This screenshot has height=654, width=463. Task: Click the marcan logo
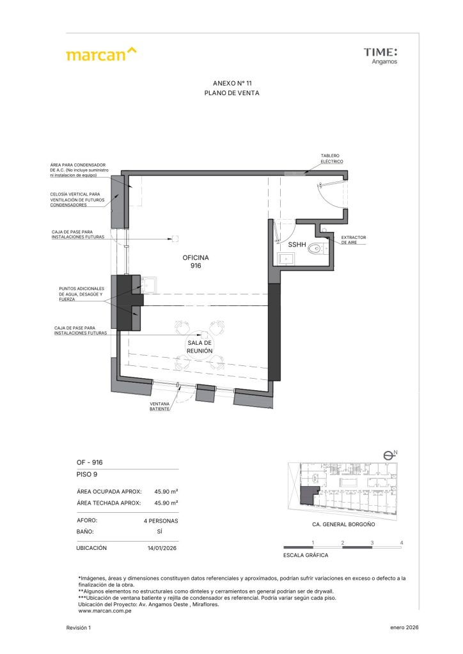pyautogui.click(x=101, y=54)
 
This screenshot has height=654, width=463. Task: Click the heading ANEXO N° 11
pyautogui.click(x=232, y=84)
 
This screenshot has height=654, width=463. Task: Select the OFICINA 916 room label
pyautogui.click(x=196, y=261)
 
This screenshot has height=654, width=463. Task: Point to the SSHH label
pyautogui.click(x=297, y=245)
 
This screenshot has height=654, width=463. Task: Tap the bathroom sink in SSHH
pyautogui.click(x=286, y=259)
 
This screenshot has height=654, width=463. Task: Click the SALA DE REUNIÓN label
pyautogui.click(x=200, y=347)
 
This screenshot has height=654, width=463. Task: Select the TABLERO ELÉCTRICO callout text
pyautogui.click(x=332, y=158)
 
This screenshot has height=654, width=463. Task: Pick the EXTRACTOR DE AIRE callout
pyautogui.click(x=353, y=240)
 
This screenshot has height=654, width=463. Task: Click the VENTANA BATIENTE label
pyautogui.click(x=159, y=406)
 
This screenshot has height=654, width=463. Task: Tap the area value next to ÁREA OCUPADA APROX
pyautogui.click(x=166, y=492)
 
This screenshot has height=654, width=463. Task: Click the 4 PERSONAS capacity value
pyautogui.click(x=161, y=521)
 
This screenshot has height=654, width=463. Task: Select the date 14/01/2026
pyautogui.click(x=162, y=548)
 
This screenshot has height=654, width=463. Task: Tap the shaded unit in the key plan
pyautogui.click(x=308, y=495)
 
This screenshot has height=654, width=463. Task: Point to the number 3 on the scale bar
pyautogui.click(x=372, y=543)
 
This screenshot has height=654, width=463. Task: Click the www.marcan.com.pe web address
pyautogui.click(x=105, y=611)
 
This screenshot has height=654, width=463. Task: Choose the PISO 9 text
pyautogui.click(x=87, y=475)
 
